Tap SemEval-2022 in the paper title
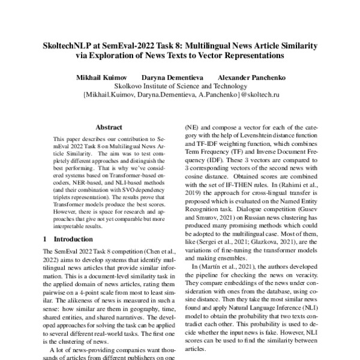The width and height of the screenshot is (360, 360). [124, 46]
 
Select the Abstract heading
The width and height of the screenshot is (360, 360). [109, 127]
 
